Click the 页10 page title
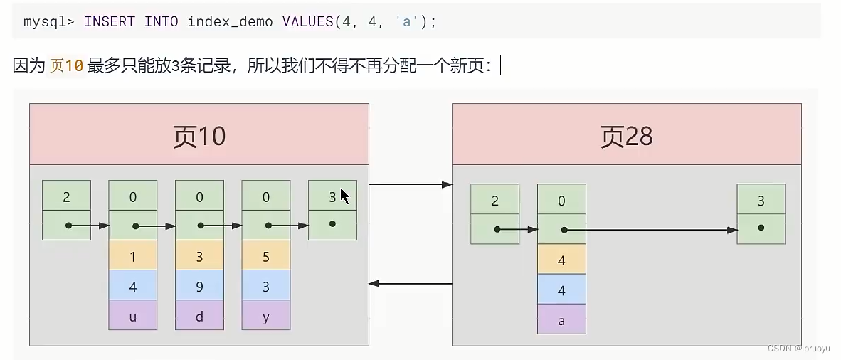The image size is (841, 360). point(199,136)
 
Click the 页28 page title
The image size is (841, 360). point(626,136)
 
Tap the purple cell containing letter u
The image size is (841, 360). point(132,316)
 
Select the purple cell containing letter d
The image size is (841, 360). point(199,316)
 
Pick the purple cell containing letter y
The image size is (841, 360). point(266,316)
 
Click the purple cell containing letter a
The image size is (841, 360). point(561,319)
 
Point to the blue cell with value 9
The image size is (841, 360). point(199,285)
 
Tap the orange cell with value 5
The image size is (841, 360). point(266,255)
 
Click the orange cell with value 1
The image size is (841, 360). point(132,255)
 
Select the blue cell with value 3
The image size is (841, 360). point(266,285)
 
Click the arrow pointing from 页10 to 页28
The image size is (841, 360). point(411,185)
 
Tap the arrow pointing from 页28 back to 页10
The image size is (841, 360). point(411,284)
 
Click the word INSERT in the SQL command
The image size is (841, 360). point(110,21)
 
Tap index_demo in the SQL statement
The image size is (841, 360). point(230,21)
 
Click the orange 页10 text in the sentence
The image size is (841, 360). point(66,66)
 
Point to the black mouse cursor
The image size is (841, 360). point(344,196)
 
